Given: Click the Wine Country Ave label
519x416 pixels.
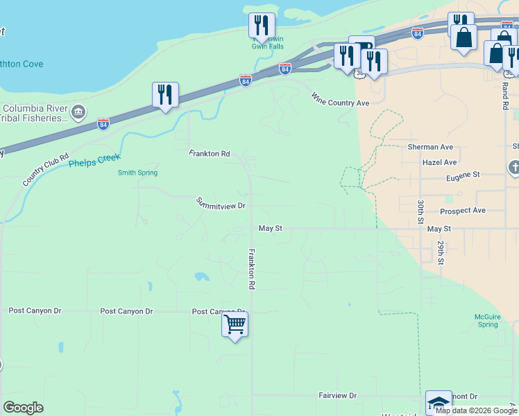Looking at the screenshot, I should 340,98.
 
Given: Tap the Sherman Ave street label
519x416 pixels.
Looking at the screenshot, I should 430,147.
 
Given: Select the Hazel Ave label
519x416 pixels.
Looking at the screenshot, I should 439,162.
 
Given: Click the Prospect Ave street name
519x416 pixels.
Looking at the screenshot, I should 463,211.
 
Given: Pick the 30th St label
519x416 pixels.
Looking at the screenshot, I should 420,211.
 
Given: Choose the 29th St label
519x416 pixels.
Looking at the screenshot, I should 440,253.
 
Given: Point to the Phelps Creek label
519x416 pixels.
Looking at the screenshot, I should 94,160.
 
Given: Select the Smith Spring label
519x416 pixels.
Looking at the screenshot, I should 137,173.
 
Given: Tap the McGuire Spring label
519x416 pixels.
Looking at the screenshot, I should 487,320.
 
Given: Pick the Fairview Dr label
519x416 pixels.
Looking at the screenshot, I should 337,395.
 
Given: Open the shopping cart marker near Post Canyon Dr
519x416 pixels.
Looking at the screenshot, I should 235,324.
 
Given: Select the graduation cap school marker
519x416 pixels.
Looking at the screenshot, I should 439,402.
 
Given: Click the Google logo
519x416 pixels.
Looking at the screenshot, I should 23,408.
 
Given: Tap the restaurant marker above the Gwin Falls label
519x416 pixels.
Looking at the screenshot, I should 262,26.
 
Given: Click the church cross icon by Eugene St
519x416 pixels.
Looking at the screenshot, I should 513,167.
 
